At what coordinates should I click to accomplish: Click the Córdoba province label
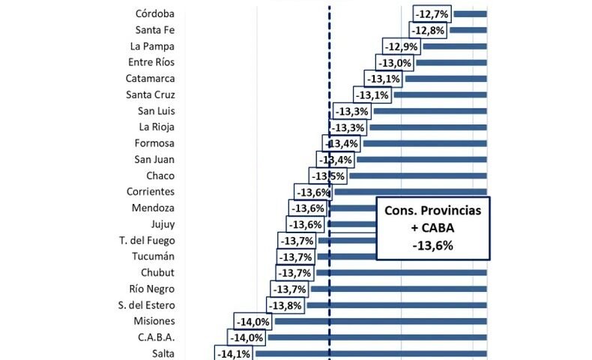click(x=155, y=13)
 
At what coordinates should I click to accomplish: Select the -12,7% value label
click(x=431, y=13)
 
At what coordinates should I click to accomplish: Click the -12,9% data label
click(x=401, y=46)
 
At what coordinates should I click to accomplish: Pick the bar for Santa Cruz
click(x=440, y=95)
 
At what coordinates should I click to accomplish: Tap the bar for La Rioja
click(x=427, y=127)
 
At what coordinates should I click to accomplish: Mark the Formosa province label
click(x=154, y=143)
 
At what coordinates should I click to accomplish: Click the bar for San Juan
click(x=421, y=159)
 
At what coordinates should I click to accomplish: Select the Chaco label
click(x=160, y=175)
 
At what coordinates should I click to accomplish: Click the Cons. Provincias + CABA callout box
click(x=432, y=228)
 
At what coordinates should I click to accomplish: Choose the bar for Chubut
click(x=401, y=272)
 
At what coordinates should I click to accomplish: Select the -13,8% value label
click(x=285, y=305)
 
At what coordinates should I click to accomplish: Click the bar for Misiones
click(x=381, y=321)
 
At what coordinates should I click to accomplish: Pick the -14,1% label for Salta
click(x=232, y=354)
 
